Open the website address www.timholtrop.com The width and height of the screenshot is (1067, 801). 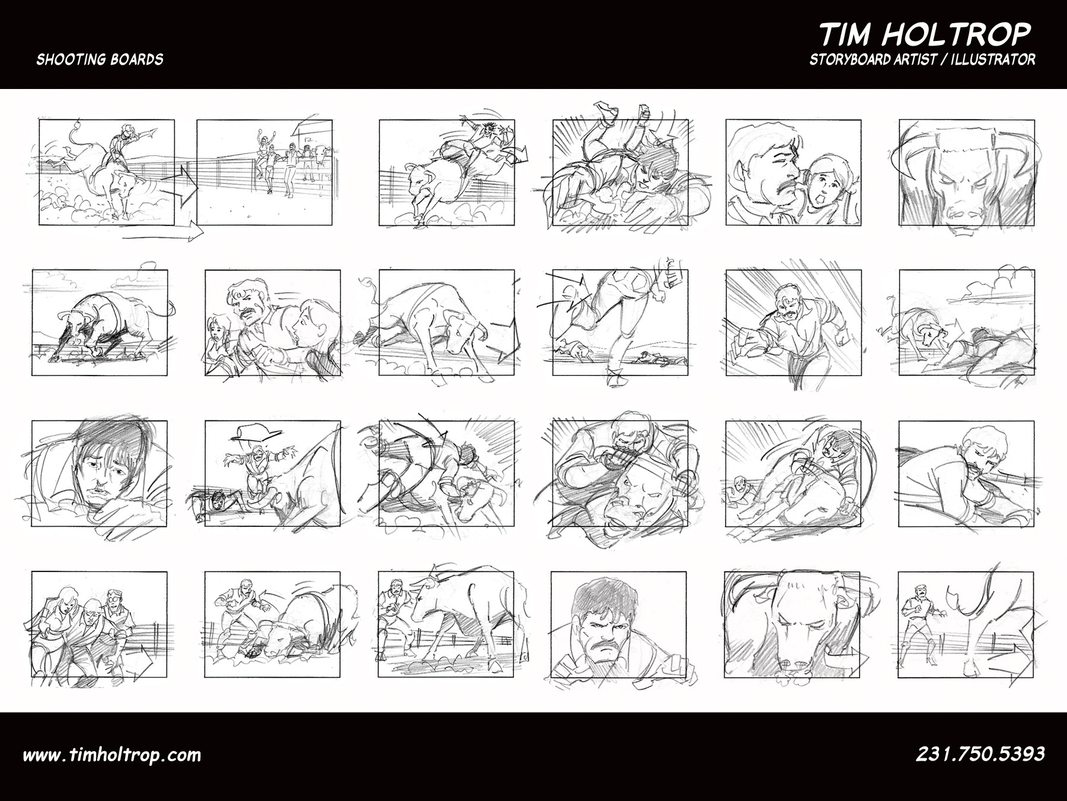[x=111, y=755]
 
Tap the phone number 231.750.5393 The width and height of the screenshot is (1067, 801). [x=980, y=754]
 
